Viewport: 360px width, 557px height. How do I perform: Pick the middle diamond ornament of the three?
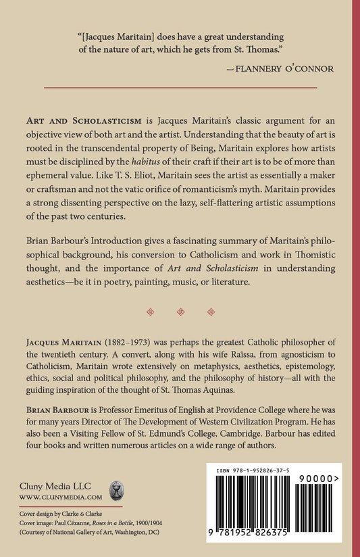click(180, 312)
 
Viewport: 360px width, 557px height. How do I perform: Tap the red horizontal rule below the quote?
click(180, 88)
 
